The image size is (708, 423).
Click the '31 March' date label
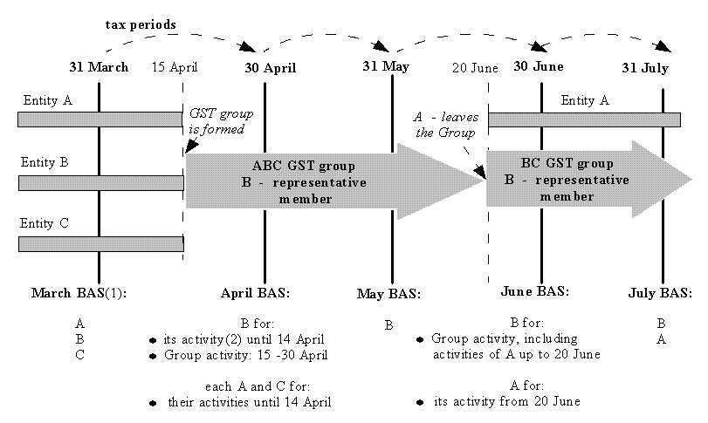click(x=99, y=67)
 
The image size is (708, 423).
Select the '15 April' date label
click(x=175, y=67)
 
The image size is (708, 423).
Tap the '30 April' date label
click(x=270, y=68)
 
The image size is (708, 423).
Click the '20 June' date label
click(x=475, y=67)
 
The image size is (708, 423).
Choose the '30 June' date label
click(x=538, y=66)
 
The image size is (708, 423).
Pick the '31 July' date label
click(x=645, y=68)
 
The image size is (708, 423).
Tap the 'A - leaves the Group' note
click(x=444, y=125)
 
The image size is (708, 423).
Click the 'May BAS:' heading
click(x=388, y=294)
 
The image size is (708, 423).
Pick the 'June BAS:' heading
click(x=536, y=291)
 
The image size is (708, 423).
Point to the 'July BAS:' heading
click(x=660, y=293)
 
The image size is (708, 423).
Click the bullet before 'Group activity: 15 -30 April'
click(x=154, y=356)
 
